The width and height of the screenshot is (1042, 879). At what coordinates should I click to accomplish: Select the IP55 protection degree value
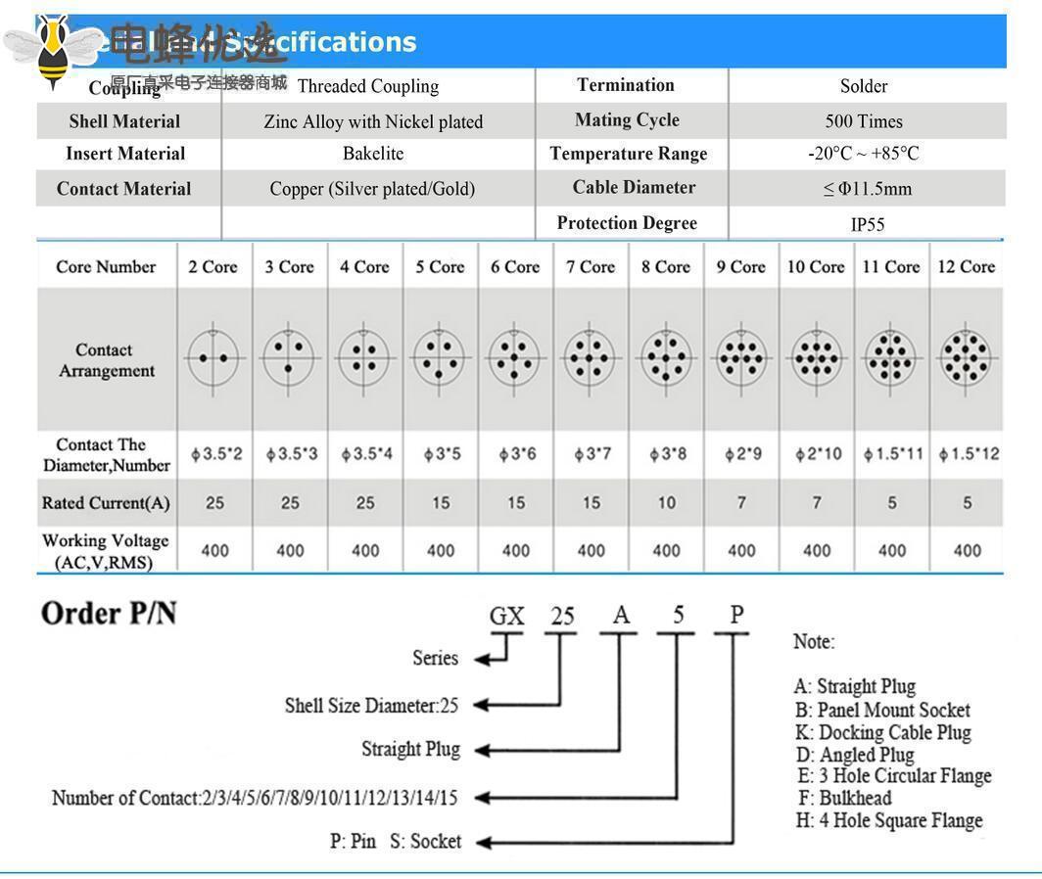[x=867, y=224]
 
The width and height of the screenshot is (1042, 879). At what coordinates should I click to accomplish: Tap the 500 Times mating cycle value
[x=864, y=121]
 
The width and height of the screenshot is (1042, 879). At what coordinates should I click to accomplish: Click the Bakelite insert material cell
[x=373, y=154]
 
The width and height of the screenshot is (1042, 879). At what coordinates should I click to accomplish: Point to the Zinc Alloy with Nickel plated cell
[x=373, y=121]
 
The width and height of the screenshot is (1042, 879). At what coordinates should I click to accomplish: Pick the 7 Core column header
[x=591, y=266]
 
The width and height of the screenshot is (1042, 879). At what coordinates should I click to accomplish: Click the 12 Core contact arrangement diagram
[x=967, y=357]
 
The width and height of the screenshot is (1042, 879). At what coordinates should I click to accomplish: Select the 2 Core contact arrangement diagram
[x=213, y=358]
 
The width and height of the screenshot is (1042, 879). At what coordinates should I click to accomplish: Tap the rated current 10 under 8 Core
[x=666, y=503]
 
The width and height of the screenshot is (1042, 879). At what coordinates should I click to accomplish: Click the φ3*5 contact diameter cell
[x=441, y=454]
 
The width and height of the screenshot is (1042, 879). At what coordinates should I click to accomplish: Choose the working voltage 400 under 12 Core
[x=967, y=550]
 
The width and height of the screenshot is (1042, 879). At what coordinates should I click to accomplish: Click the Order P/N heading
[x=109, y=614]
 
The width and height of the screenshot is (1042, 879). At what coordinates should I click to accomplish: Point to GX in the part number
[x=507, y=617]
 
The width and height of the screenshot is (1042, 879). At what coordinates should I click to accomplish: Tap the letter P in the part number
[x=736, y=615]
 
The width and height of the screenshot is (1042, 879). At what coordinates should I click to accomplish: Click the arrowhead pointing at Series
[x=482, y=660]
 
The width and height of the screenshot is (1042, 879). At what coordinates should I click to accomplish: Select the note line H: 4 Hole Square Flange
[x=889, y=820]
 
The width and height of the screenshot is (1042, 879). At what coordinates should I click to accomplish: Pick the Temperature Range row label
[x=628, y=154]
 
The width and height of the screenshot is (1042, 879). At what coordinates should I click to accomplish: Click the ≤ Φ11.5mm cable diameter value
[x=867, y=189]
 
